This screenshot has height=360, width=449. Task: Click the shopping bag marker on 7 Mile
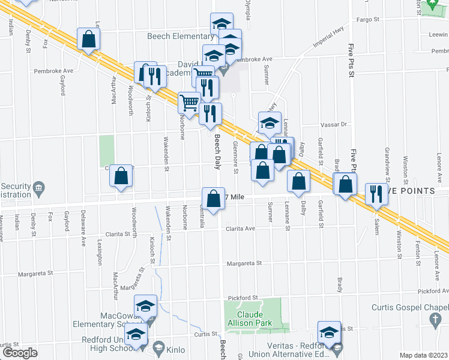coord(214,199)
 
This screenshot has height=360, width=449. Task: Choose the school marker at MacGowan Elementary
coord(145,307)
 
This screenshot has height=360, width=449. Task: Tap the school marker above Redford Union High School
coord(136,335)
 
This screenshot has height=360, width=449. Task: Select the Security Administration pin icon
coord(39,187)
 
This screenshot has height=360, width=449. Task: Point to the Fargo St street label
coord(369,20)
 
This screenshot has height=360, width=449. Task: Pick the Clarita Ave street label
coord(241,229)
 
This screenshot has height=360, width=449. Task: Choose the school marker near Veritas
coord(330,333)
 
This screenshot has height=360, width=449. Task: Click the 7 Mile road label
coord(235,197)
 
